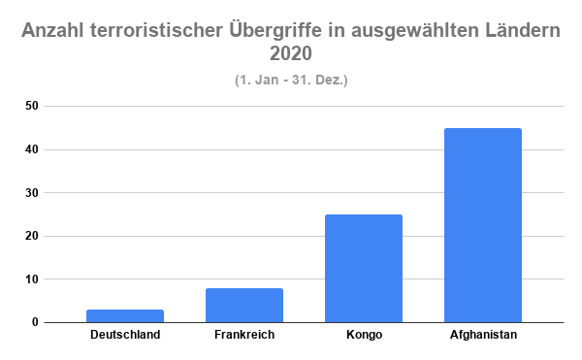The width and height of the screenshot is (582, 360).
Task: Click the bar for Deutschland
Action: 125,315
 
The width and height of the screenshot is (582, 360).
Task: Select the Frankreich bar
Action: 244,305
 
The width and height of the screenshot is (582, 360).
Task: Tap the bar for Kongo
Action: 364,268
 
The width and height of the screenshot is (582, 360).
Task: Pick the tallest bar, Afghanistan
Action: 483,225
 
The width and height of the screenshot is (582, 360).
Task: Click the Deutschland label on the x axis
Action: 125,336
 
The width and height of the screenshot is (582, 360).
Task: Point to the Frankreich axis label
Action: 244,336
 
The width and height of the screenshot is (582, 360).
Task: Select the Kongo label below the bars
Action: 364,336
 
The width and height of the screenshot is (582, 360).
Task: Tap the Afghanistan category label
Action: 483,336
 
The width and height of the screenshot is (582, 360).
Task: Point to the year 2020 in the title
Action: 291,55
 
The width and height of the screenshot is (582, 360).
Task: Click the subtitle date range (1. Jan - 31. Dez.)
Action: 291,80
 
